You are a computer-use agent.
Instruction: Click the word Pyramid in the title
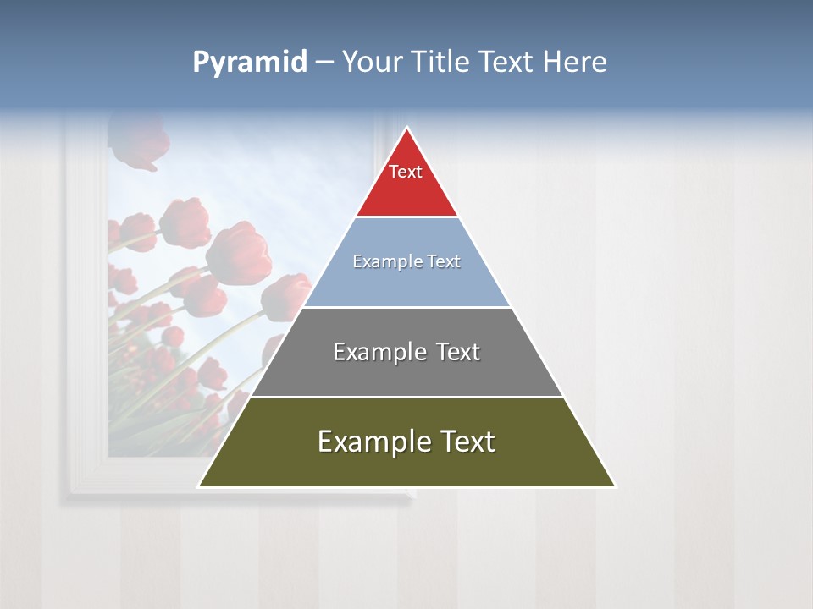coord(249,63)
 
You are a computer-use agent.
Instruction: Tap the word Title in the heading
coord(440,63)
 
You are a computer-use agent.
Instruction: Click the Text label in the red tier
coord(406,172)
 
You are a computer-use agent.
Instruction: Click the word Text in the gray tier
coord(458,352)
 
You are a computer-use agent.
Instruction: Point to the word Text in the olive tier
coord(467,442)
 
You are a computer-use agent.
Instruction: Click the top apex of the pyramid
coord(406,129)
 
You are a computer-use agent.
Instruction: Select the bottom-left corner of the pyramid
coord(199,486)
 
